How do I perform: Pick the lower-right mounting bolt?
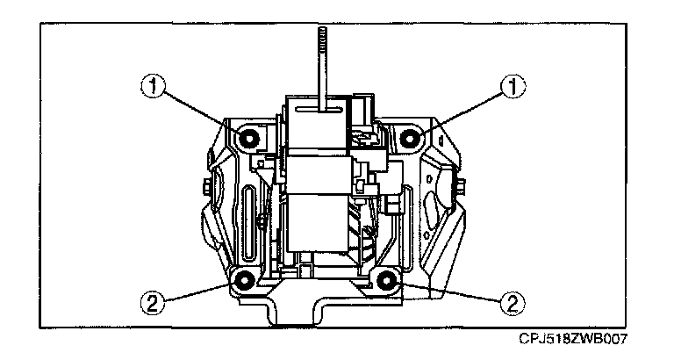[x=385, y=281]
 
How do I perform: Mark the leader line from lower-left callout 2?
[x=197, y=292]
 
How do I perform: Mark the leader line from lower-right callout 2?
[x=448, y=292]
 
